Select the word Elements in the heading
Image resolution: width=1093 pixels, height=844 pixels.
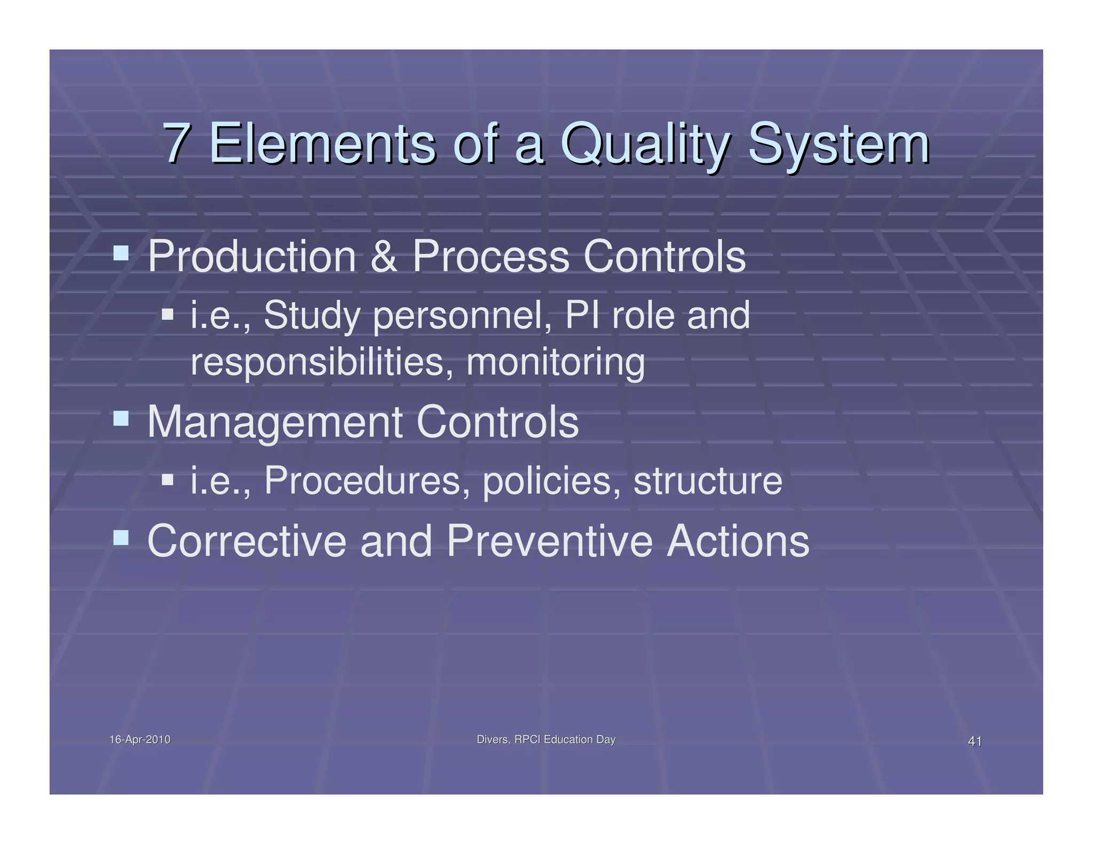[322, 142]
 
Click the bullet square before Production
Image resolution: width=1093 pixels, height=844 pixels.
[121, 253]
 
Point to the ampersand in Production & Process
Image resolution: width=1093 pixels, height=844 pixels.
[384, 257]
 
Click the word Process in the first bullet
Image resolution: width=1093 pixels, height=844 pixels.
[490, 257]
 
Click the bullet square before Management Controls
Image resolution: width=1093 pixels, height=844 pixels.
[121, 418]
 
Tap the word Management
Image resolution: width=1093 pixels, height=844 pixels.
[274, 423]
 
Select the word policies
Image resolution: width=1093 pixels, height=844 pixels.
[551, 481]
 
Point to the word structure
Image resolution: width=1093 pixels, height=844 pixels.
[707, 481]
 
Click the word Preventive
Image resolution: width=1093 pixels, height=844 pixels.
[549, 541]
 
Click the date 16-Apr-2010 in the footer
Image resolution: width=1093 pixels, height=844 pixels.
[140, 739]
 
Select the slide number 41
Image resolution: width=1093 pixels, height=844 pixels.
[975, 741]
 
